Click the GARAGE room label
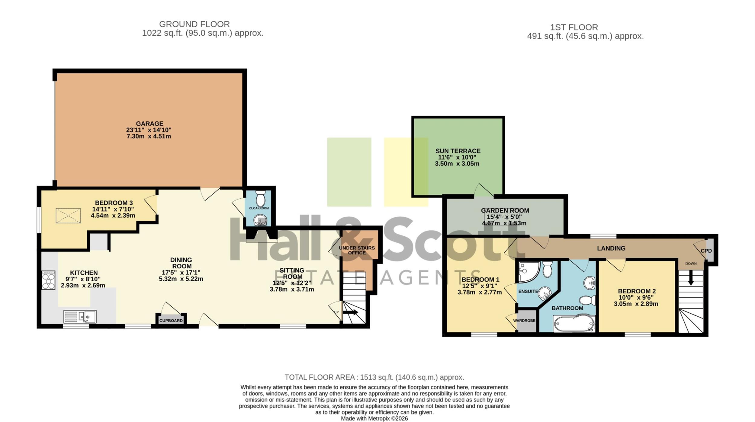pyautogui.click(x=149, y=123)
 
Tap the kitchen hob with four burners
pyautogui.click(x=48, y=280)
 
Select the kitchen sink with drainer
pyautogui.click(x=80, y=316)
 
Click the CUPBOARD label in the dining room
pyautogui.click(x=171, y=321)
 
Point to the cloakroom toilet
pyautogui.click(x=260, y=198)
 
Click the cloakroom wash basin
pyautogui.click(x=260, y=220)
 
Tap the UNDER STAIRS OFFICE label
pyautogui.click(x=357, y=250)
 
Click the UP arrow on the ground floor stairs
pyautogui.click(x=351, y=312)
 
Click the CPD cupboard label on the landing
pyautogui.click(x=706, y=251)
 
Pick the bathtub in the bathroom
pyautogui.click(x=574, y=323)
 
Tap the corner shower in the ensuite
pyautogui.click(x=528, y=272)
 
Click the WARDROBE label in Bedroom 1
pyautogui.click(x=524, y=321)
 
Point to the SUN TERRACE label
pyautogui.click(x=458, y=151)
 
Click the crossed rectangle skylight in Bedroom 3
pyautogui.click(x=68, y=216)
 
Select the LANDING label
pyautogui.click(x=611, y=248)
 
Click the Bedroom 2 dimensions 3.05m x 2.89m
pyautogui.click(x=636, y=304)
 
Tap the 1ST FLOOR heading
pyautogui.click(x=574, y=27)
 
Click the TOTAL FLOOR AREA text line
pyautogui.click(x=374, y=377)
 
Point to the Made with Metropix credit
pyautogui.click(x=374, y=419)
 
